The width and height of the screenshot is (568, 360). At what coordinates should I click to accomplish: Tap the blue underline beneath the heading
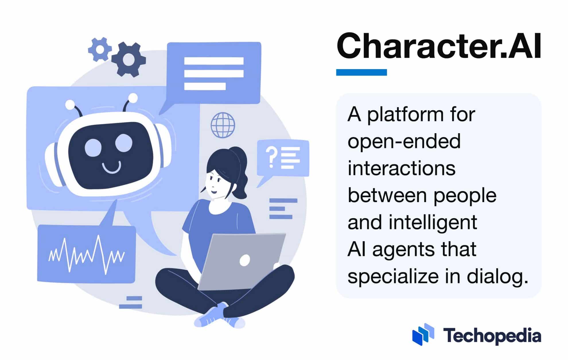361,72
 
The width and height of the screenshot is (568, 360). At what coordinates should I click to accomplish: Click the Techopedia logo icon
423,334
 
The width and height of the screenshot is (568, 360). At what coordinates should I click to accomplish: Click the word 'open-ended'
404,142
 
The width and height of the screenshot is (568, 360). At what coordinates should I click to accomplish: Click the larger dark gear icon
129,59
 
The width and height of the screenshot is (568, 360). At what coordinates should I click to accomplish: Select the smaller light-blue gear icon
99,49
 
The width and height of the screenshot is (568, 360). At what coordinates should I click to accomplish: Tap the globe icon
223,125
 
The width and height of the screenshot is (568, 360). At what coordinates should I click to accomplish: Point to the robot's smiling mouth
112,167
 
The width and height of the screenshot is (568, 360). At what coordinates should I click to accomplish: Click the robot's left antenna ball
70,104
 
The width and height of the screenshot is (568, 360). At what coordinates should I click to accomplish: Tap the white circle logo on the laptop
244,260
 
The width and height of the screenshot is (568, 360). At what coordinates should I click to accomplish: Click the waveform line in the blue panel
86,254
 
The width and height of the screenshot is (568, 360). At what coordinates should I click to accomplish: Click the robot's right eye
124,142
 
